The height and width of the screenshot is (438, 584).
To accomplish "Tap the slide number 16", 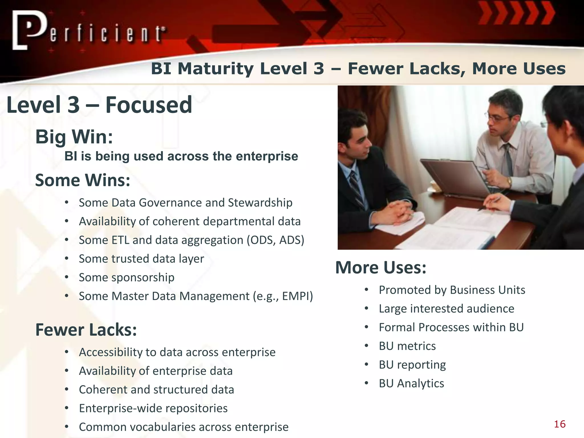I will [x=559, y=424].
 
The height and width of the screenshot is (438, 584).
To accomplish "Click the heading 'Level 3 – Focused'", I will [x=99, y=105].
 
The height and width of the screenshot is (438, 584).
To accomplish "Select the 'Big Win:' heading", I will [x=74, y=137].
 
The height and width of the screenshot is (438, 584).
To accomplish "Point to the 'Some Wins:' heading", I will [x=83, y=180].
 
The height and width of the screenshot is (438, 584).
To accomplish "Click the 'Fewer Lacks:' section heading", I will [x=86, y=330].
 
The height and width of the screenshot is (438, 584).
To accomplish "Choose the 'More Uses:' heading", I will [x=381, y=267].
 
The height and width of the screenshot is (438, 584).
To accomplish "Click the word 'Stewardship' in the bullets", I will [x=260, y=203].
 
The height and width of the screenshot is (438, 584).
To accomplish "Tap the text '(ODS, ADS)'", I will [x=275, y=240].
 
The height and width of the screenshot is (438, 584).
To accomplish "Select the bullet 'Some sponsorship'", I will [x=127, y=277].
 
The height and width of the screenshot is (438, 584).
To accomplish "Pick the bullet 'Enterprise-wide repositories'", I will [x=153, y=408].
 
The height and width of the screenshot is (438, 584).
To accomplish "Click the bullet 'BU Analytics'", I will [x=411, y=384].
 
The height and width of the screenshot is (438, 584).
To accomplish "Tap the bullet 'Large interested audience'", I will [x=446, y=309].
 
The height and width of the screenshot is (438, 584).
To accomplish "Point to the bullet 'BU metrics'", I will [x=407, y=346].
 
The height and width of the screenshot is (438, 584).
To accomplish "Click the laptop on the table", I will [x=453, y=177].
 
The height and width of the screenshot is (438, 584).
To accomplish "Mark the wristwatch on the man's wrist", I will [x=509, y=181].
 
